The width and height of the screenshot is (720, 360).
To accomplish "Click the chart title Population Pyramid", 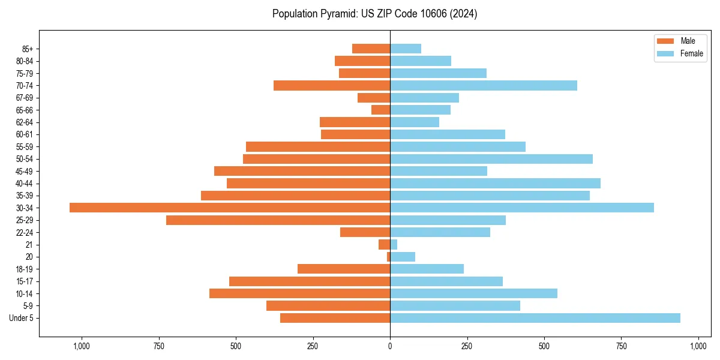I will click(x=374, y=14).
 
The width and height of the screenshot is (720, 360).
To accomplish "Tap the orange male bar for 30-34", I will click(x=230, y=208).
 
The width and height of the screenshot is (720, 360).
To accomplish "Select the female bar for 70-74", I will click(x=484, y=85).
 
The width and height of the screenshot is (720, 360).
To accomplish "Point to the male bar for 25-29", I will click(x=278, y=220).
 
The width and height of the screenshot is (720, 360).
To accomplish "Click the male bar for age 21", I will click(x=384, y=245).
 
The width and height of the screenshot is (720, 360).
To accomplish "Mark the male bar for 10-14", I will click(x=299, y=293).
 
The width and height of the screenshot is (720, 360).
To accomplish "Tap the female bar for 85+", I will click(x=406, y=49).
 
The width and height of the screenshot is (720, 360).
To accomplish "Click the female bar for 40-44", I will click(x=495, y=184).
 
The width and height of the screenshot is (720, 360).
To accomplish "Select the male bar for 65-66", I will click(x=380, y=110).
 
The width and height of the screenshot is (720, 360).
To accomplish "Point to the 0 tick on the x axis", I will click(x=390, y=346).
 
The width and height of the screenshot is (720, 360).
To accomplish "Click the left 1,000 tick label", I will click(x=81, y=346).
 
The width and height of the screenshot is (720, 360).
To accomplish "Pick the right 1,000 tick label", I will click(x=698, y=346).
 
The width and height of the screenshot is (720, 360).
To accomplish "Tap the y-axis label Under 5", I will click(x=21, y=318).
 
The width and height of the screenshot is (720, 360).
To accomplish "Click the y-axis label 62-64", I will click(x=25, y=122).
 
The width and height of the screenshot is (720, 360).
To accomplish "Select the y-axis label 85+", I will click(x=27, y=49).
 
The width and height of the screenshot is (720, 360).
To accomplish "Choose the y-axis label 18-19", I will click(x=25, y=269).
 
